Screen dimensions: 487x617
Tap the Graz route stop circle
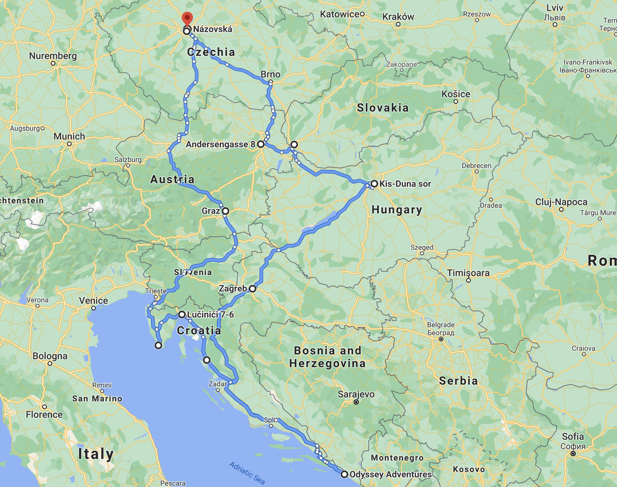click(x=225, y=211)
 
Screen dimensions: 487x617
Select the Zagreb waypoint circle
click(x=253, y=289)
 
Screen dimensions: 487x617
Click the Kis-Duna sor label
click(x=405, y=184)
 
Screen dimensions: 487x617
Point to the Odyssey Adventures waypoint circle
click(x=344, y=475)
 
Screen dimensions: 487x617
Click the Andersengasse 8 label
click(x=220, y=145)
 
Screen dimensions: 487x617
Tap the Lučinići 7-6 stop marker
click(x=182, y=314)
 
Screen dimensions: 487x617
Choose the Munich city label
click(x=69, y=137)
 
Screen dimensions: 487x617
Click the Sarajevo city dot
click(x=356, y=402)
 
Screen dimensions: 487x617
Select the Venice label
click(x=94, y=300)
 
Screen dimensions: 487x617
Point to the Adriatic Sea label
click(x=247, y=473)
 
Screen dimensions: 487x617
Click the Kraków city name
click(x=398, y=17)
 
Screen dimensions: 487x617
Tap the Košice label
click(x=456, y=94)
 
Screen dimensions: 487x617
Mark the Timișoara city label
click(x=468, y=273)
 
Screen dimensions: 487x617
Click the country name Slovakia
click(x=383, y=108)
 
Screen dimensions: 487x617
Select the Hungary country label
click(x=397, y=210)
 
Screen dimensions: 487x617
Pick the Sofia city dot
click(x=573, y=454)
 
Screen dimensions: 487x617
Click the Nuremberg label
click(x=53, y=56)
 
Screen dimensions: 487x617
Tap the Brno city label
click(x=270, y=74)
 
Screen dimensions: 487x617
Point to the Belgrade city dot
click(x=441, y=339)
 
